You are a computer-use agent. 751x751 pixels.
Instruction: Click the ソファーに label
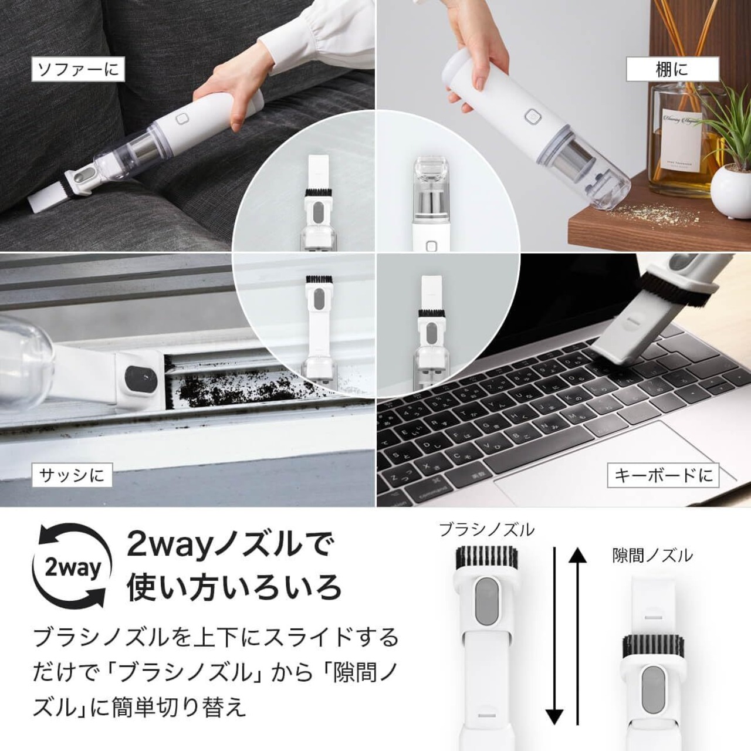tap(78, 70)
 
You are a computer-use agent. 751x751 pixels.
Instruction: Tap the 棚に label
tap(672, 69)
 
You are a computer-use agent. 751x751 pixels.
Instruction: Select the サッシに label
tap(72, 475)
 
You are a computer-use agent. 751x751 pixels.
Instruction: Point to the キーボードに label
tap(664, 475)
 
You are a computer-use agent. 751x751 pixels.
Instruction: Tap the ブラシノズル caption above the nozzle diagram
tap(486, 530)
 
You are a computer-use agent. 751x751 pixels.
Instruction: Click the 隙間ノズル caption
tap(652, 556)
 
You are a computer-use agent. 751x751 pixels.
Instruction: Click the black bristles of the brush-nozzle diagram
tap(486, 558)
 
